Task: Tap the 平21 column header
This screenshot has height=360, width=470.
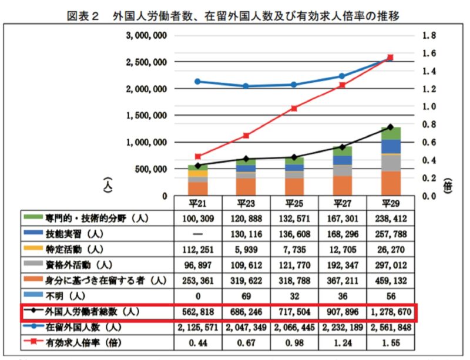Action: tap(198, 203)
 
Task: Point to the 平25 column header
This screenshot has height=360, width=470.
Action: tap(294, 203)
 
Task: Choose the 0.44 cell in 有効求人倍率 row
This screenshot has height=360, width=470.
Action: tap(198, 342)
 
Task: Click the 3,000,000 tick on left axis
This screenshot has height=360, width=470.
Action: tap(147, 36)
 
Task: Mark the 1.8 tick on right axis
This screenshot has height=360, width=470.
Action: tap(429, 36)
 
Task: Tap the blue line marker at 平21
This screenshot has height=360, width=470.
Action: tap(198, 82)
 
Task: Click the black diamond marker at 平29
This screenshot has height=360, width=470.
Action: tap(390, 127)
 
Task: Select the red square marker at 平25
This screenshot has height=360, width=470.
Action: tap(294, 108)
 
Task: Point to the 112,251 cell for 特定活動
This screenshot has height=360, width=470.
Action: tap(198, 249)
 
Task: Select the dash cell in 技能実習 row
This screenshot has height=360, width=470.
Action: tap(198, 234)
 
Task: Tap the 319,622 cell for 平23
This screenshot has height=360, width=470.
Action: tap(246, 280)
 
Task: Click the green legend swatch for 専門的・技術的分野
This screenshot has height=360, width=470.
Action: tap(33, 218)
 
